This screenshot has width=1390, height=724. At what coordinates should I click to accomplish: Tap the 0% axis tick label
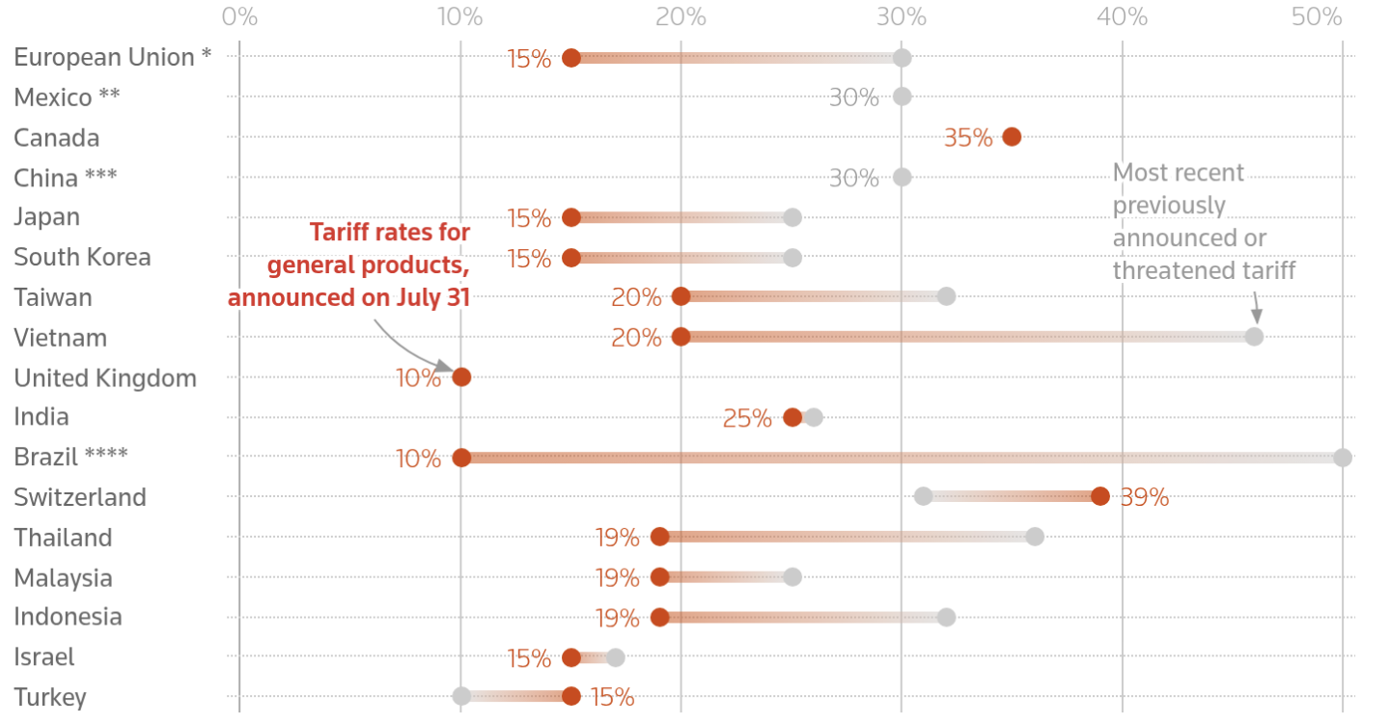pyautogui.click(x=239, y=16)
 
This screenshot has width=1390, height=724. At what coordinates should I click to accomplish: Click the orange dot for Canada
pyautogui.click(x=1012, y=137)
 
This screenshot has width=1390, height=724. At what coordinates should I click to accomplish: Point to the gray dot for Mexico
pyautogui.click(x=902, y=97)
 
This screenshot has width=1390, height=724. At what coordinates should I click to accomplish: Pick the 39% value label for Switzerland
pyautogui.click(x=1145, y=498)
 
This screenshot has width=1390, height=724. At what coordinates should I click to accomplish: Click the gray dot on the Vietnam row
pyautogui.click(x=1254, y=337)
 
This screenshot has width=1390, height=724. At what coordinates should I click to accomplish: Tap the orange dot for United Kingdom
pyautogui.click(x=461, y=376)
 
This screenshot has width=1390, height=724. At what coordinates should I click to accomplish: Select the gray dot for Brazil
pyautogui.click(x=1343, y=458)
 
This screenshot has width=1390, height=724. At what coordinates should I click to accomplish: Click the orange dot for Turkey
pyautogui.click(x=571, y=696)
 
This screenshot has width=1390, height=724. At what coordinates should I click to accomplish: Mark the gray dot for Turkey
pyautogui.click(x=461, y=696)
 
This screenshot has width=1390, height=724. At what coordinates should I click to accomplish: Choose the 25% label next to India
pyautogui.click(x=747, y=418)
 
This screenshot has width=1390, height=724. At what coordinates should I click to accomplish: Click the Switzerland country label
pyautogui.click(x=80, y=497)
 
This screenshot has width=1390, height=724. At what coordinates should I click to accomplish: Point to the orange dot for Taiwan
pyautogui.click(x=681, y=296)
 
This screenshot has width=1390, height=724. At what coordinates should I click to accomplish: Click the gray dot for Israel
pyautogui.click(x=615, y=657)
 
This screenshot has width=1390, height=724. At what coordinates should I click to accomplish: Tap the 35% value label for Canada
pyautogui.click(x=968, y=138)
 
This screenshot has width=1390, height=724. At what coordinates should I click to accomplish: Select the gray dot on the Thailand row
pyautogui.click(x=1035, y=537)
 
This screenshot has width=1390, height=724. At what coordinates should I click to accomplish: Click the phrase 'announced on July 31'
pyautogui.click(x=348, y=296)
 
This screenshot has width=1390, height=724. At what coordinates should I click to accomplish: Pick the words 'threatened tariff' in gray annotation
pyautogui.click(x=1204, y=270)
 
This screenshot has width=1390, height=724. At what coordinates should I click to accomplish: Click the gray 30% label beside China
pyautogui.click(x=854, y=179)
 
